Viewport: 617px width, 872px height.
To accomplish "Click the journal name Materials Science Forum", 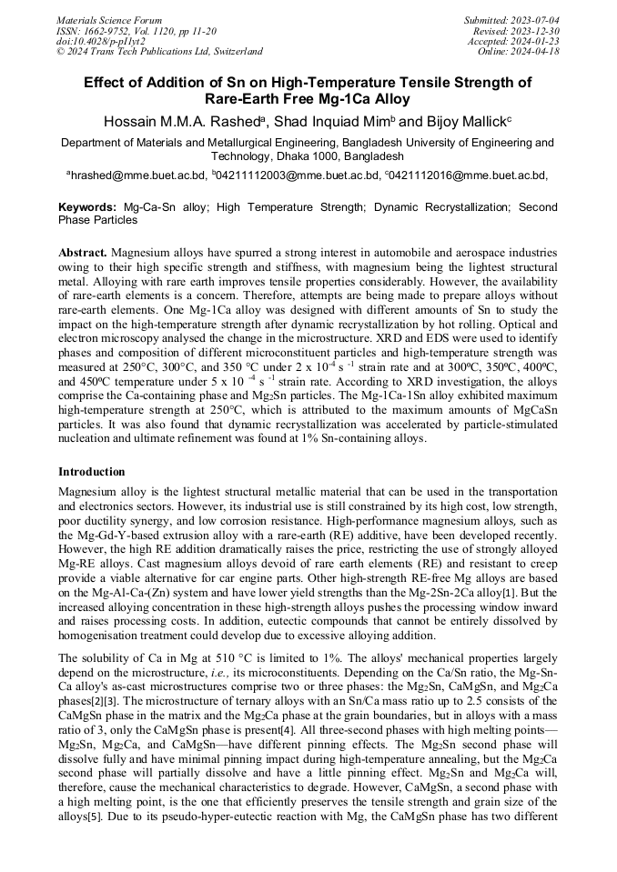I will (109, 19).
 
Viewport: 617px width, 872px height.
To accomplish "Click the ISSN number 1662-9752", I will (114, 30).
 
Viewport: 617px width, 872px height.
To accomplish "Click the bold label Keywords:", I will (87, 207).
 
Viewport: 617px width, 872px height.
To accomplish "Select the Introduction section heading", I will (91, 472).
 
